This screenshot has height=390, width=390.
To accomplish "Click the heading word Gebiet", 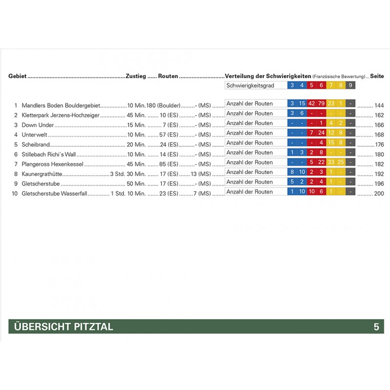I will click(x=18, y=77).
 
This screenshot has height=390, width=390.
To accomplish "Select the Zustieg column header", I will click(x=136, y=77).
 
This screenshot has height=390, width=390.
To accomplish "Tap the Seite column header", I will click(x=377, y=77).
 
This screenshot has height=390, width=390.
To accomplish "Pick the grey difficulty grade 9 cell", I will click(x=351, y=86).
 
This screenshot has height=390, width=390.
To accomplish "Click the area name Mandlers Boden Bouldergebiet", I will click(x=61, y=105).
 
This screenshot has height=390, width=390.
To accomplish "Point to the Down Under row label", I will click(x=38, y=125).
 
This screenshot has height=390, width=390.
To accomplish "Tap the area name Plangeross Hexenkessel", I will click(x=53, y=164).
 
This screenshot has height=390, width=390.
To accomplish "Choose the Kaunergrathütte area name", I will click(x=42, y=174).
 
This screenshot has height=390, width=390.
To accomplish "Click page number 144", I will click(x=378, y=105).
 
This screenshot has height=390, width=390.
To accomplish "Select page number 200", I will click(x=378, y=193).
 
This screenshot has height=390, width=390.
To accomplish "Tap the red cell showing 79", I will click(x=321, y=103).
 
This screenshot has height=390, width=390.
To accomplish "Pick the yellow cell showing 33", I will click(x=331, y=162).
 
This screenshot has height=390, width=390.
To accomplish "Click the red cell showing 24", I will click(x=321, y=133).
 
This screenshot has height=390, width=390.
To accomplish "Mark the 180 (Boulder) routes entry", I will click(x=163, y=105).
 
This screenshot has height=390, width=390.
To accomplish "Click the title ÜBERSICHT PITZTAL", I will click(x=61, y=327).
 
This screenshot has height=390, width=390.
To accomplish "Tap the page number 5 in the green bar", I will click(x=376, y=327).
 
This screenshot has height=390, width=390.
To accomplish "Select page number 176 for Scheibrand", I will click(x=378, y=144).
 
